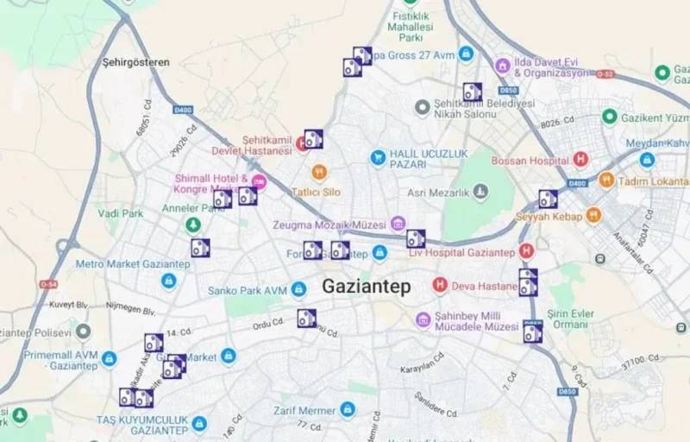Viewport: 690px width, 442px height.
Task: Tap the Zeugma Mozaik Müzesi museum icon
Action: point(398,224)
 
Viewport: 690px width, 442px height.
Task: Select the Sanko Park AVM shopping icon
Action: point(298,289)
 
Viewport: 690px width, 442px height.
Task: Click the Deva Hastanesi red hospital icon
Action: point(440,284)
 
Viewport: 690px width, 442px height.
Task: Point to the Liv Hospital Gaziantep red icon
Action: point(526,251)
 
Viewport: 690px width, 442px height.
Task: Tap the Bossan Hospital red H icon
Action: point(580,160)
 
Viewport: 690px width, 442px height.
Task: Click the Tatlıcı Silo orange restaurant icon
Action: point(319,172)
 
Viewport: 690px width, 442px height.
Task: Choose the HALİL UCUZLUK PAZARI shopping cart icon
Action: point(377,158)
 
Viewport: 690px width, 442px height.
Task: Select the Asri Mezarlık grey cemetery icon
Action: point(480,191)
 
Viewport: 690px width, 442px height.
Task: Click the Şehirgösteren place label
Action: point(135,62)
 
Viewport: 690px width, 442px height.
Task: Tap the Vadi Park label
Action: point(120,213)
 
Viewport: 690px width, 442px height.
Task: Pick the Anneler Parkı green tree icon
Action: point(194,224)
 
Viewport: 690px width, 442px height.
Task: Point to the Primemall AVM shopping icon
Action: point(109,358)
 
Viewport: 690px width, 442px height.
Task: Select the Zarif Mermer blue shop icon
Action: point(348,409)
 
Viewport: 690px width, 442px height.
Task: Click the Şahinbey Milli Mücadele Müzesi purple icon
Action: point(423,320)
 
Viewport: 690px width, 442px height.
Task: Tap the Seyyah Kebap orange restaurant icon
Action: point(593,215)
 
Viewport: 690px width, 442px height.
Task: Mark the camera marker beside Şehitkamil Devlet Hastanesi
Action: point(313,138)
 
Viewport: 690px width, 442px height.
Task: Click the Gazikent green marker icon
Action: point(610,117)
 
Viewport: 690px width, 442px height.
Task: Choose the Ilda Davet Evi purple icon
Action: point(502,66)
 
